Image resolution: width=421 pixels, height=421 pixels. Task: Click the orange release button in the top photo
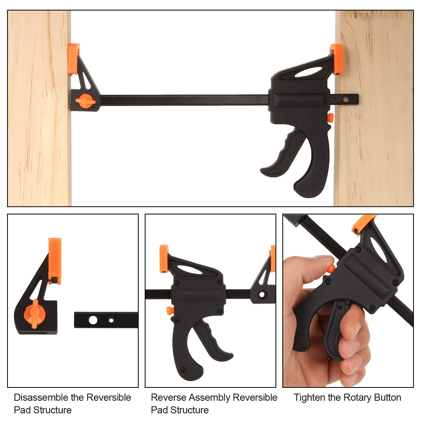coord(330,117)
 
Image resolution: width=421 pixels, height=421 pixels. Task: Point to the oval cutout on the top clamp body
coord(308,72)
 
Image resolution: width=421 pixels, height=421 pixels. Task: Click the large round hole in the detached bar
coord(93,320)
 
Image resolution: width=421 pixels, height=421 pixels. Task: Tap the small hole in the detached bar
coord(111,320)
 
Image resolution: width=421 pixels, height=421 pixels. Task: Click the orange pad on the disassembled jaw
coord(55,260)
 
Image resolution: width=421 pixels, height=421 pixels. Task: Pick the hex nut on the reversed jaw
coord(262,294)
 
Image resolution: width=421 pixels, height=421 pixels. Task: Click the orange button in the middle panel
coord(169,310)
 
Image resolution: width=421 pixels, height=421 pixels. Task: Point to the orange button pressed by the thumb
coord(331,269)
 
